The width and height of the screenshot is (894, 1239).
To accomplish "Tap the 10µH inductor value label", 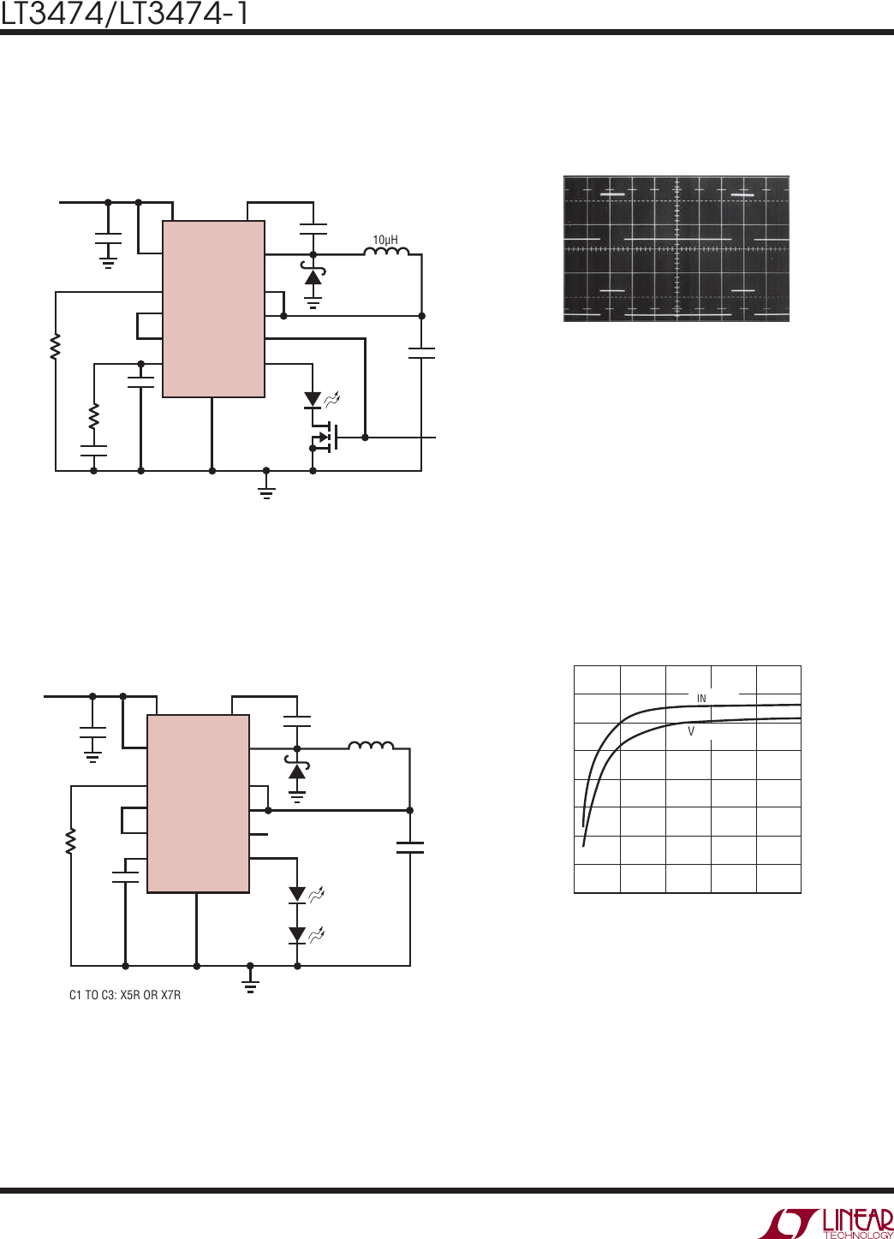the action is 385,240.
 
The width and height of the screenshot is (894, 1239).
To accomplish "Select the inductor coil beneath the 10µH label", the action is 386,251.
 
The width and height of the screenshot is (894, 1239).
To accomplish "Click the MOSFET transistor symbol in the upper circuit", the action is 325,437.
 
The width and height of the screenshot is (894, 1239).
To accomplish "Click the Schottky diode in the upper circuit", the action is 313,274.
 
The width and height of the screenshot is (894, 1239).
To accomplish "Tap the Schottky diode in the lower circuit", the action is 297,768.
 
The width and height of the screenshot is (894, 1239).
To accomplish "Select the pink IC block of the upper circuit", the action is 213,308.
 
